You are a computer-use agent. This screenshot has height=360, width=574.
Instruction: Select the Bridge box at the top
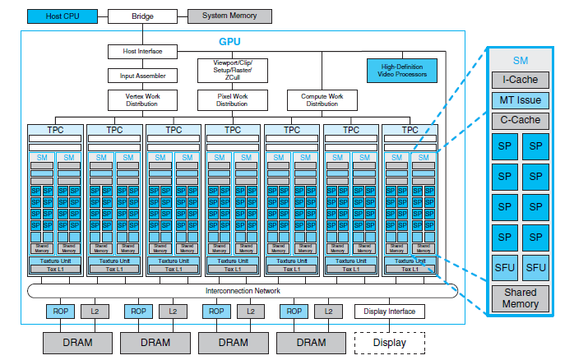click(x=141, y=16)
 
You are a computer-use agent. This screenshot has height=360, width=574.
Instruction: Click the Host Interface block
click(x=141, y=52)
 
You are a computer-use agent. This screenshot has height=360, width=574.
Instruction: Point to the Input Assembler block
click(x=141, y=76)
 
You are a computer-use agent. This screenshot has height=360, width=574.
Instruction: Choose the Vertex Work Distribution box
click(x=141, y=100)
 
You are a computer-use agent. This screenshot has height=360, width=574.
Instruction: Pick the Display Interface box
click(x=390, y=312)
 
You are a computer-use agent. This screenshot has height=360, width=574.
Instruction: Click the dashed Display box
click(x=389, y=341)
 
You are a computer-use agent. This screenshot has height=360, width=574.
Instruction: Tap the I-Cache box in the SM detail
click(x=520, y=80)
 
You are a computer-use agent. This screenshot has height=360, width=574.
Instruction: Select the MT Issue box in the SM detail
click(x=520, y=99)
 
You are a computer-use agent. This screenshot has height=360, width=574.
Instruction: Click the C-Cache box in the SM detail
click(x=520, y=119)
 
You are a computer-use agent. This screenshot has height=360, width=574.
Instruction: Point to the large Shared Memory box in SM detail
click(x=520, y=298)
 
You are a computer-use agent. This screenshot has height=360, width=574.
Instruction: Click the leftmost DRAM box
click(x=76, y=341)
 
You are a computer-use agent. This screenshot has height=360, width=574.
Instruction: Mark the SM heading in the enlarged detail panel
click(x=520, y=60)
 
